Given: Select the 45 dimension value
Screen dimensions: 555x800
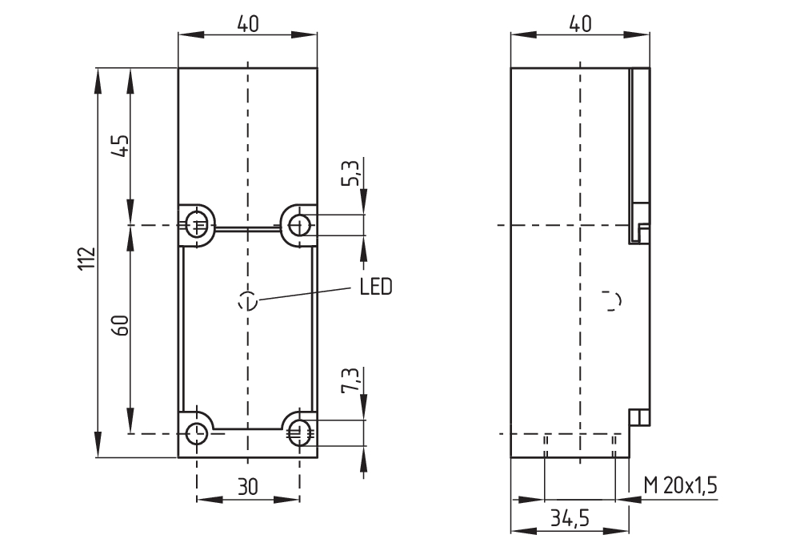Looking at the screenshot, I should coord(119,146).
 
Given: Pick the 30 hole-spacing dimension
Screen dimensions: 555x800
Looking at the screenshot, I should coord(247,486).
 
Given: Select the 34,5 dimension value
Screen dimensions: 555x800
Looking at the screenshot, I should coord(569,519).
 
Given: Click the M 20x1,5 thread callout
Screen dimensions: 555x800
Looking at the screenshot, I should coord(680,486).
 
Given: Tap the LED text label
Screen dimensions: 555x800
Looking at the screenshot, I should coord(375,287).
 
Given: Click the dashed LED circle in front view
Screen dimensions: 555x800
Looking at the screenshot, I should coord(248,301).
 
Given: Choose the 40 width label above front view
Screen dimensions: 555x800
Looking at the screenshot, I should coord(247,24).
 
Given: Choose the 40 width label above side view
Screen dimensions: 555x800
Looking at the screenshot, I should coord(580,24).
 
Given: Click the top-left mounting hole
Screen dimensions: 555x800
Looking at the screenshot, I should coord(197,224).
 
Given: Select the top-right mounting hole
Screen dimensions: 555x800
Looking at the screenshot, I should coord(299,224).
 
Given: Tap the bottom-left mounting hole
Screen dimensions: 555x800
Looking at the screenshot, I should coord(197,434).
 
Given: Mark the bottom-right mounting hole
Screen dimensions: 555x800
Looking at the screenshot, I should coord(299,433).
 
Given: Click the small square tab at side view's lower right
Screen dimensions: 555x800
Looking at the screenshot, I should coord(639,417).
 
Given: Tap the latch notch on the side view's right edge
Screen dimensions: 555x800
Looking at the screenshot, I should coord(642,233).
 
